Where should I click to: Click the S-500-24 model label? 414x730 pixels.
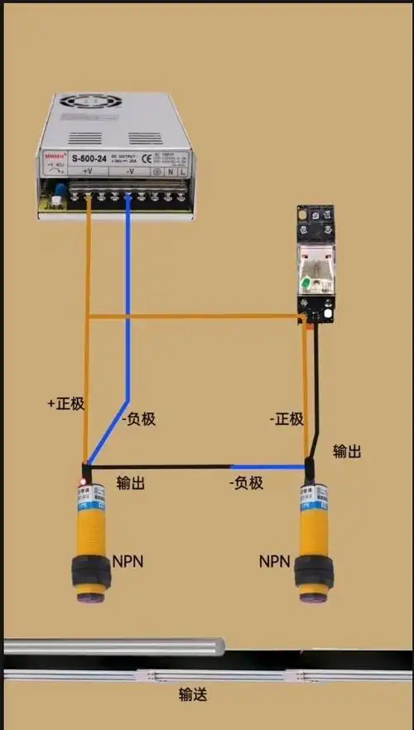click(x=88, y=157)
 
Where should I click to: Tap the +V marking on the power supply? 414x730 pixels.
click(x=87, y=172)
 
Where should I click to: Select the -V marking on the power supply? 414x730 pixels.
click(x=130, y=172)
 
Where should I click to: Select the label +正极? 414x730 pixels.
click(x=66, y=404)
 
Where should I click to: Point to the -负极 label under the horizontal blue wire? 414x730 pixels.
click(x=245, y=482)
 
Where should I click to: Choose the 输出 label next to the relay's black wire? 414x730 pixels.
click(x=347, y=451)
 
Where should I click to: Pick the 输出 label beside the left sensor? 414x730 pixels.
click(x=131, y=482)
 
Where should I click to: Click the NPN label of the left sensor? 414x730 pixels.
click(x=128, y=561)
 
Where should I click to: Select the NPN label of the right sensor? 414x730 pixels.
click(x=274, y=561)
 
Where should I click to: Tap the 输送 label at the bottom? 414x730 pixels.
click(x=193, y=694)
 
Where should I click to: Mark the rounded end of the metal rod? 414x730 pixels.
click(x=220, y=646)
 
